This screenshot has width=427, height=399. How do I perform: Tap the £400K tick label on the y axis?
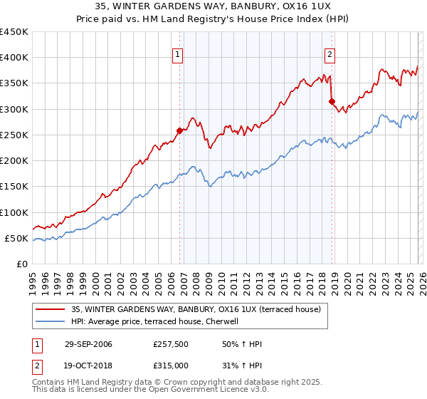pyautogui.click(x=14, y=58)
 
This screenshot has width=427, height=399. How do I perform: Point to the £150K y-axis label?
pyautogui.click(x=14, y=187)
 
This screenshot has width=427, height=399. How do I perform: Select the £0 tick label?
pyautogui.click(x=22, y=264)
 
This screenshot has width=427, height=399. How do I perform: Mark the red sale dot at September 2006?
pyautogui.click(x=180, y=130)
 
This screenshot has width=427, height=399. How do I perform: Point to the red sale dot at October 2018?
pyautogui.click(x=332, y=101)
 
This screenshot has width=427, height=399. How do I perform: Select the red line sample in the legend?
pyautogui.click(x=51, y=309)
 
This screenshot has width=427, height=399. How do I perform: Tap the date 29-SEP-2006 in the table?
pyautogui.click(x=88, y=344)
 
